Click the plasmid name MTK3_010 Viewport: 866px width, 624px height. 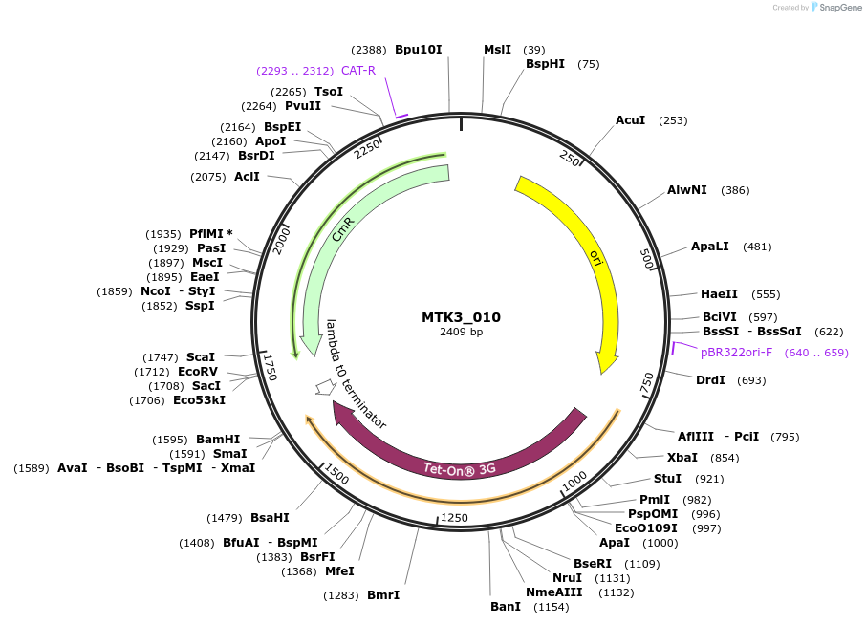pyautogui.click(x=461, y=317)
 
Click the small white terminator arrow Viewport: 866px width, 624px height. pyautogui.click(x=326, y=386)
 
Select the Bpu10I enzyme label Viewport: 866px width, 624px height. pyautogui.click(x=418, y=50)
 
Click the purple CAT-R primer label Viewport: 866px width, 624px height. pyautogui.click(x=358, y=71)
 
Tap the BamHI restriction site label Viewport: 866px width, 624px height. pyautogui.click(x=218, y=440)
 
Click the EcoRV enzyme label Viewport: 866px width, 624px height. pyautogui.click(x=198, y=372)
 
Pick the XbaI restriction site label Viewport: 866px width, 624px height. pyautogui.click(x=682, y=458)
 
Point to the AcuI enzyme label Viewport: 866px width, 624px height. pyautogui.click(x=630, y=120)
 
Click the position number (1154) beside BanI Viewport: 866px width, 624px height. pyautogui.click(x=551, y=607)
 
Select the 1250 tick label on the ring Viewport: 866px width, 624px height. pyautogui.click(x=454, y=518)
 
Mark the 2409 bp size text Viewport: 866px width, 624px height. pyautogui.click(x=461, y=333)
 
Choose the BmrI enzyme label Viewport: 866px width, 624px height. pyautogui.click(x=383, y=595)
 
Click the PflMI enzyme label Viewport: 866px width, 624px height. pyautogui.click(x=206, y=234)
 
